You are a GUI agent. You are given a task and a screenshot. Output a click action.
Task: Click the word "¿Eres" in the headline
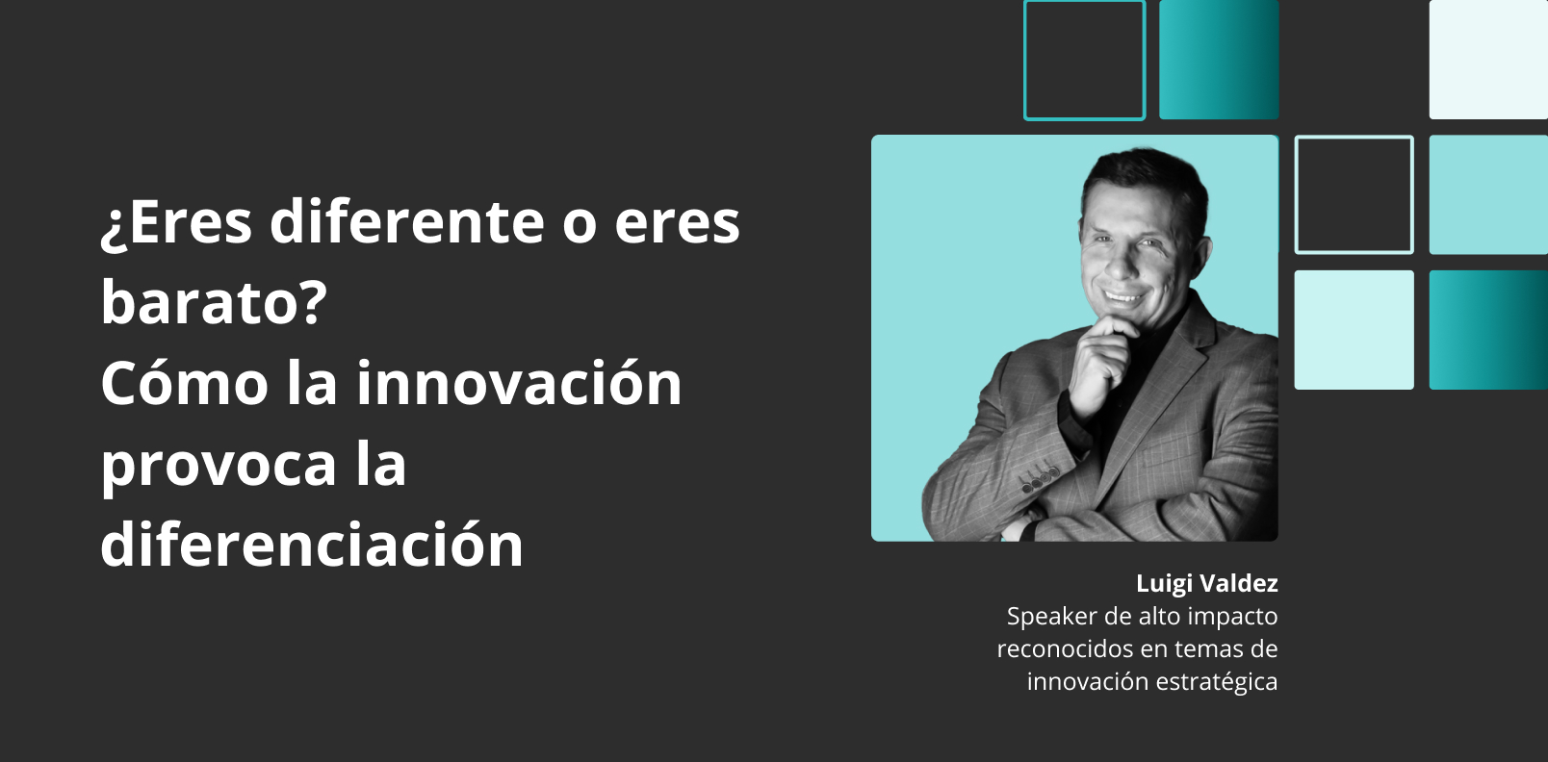click(176, 222)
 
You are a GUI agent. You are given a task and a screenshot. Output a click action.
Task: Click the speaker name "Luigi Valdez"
click(1206, 584)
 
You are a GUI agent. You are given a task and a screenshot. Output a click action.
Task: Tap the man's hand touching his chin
click(1106, 359)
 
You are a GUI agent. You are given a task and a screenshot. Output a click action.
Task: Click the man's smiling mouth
click(1122, 297)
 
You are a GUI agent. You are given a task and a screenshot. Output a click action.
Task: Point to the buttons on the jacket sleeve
click(1041, 479)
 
